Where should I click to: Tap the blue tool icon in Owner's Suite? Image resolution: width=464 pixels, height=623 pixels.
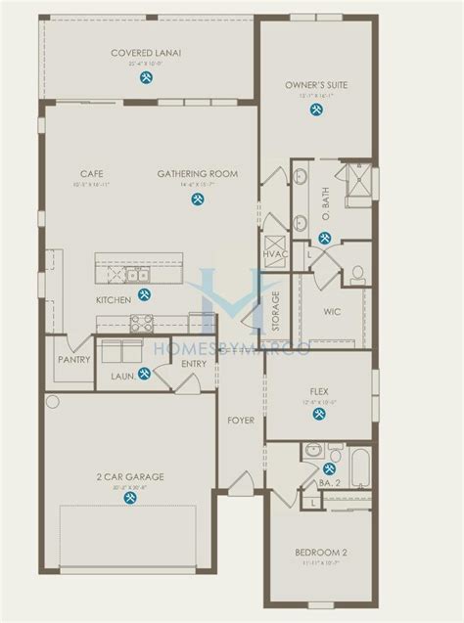(316, 110)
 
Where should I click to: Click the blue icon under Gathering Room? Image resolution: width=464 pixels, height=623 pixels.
(198, 199)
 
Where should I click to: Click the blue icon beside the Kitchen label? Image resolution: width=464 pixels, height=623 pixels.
(144, 293)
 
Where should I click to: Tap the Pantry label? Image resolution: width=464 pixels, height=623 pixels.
(73, 360)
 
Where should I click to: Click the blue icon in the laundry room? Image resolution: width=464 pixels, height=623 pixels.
(144, 373)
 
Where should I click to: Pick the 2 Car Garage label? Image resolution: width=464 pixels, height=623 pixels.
(129, 476)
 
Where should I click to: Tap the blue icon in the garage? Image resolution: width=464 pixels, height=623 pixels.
(129, 498)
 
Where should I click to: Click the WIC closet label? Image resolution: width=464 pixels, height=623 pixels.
(332, 314)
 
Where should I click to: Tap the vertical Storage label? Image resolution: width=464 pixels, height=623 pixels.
(276, 311)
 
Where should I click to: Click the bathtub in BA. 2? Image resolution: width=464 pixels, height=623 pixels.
(359, 467)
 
